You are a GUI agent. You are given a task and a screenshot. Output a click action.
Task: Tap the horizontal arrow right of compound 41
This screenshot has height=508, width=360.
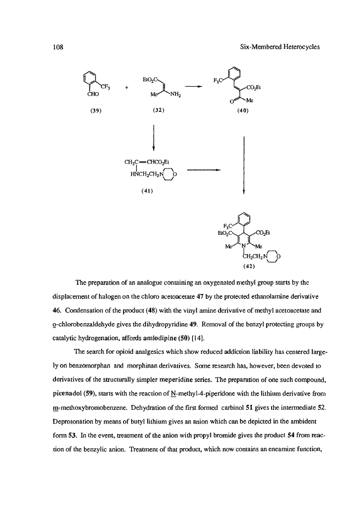(203, 170)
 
